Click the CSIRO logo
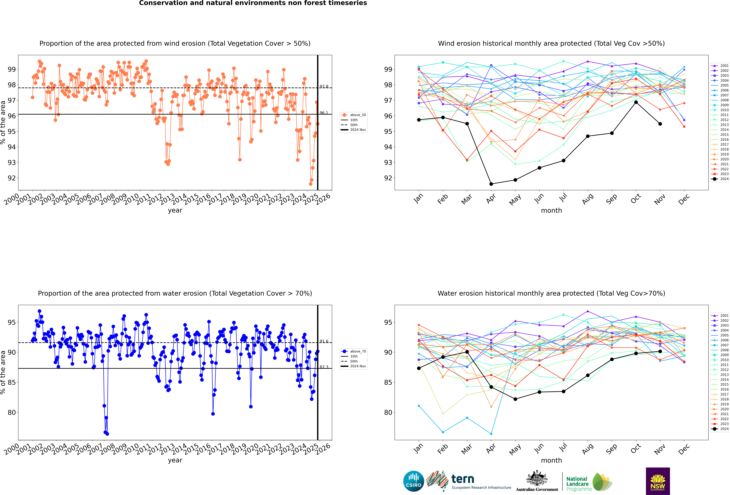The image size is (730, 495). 413,481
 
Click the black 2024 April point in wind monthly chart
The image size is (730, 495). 491,184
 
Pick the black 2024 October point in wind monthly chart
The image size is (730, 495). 636,102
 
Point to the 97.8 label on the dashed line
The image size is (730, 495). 324,86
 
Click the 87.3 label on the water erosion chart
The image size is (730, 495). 324,367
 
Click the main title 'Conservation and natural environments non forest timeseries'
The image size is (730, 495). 253,3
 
